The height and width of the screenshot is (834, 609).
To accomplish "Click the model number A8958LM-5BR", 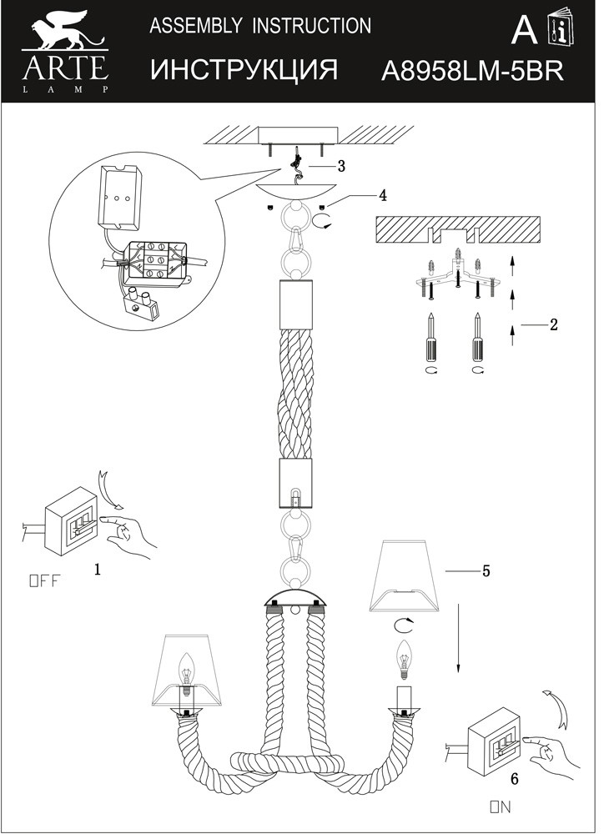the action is pyautogui.click(x=472, y=71).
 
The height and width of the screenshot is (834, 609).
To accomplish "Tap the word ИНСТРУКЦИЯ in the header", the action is pyautogui.click(x=244, y=70).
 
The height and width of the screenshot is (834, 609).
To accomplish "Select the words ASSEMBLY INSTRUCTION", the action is pyautogui.click(x=260, y=26).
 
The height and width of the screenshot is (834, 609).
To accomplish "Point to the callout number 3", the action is pyautogui.click(x=341, y=166).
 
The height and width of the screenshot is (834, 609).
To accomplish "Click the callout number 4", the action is pyautogui.click(x=382, y=196).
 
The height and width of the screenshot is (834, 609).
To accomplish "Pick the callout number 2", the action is pyautogui.click(x=554, y=324).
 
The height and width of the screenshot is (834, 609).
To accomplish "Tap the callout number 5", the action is pyautogui.click(x=486, y=571).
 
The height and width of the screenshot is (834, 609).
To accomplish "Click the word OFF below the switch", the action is pyautogui.click(x=45, y=580).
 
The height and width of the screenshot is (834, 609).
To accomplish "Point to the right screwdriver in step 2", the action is pyautogui.click(x=478, y=336).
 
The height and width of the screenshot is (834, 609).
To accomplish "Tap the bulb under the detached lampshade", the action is pyautogui.click(x=405, y=660).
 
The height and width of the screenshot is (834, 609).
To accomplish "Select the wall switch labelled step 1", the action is pyautogui.click(x=70, y=521).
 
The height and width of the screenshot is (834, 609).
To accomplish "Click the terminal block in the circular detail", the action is pyautogui.click(x=155, y=263).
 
